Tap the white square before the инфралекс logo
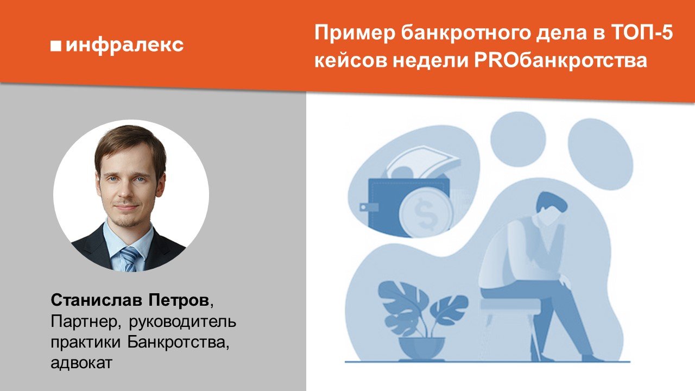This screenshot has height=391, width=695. (x=56, y=46)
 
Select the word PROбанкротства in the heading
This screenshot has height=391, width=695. (x=560, y=60)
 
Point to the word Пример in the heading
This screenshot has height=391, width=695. (x=355, y=34)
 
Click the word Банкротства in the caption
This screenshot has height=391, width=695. (x=179, y=342)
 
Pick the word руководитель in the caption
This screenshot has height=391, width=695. (x=182, y=322)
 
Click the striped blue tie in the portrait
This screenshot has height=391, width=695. (x=130, y=258)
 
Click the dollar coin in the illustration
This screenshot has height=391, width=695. (x=425, y=213)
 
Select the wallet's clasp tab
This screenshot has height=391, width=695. (x=369, y=207)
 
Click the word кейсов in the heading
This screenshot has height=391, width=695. (x=351, y=60)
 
